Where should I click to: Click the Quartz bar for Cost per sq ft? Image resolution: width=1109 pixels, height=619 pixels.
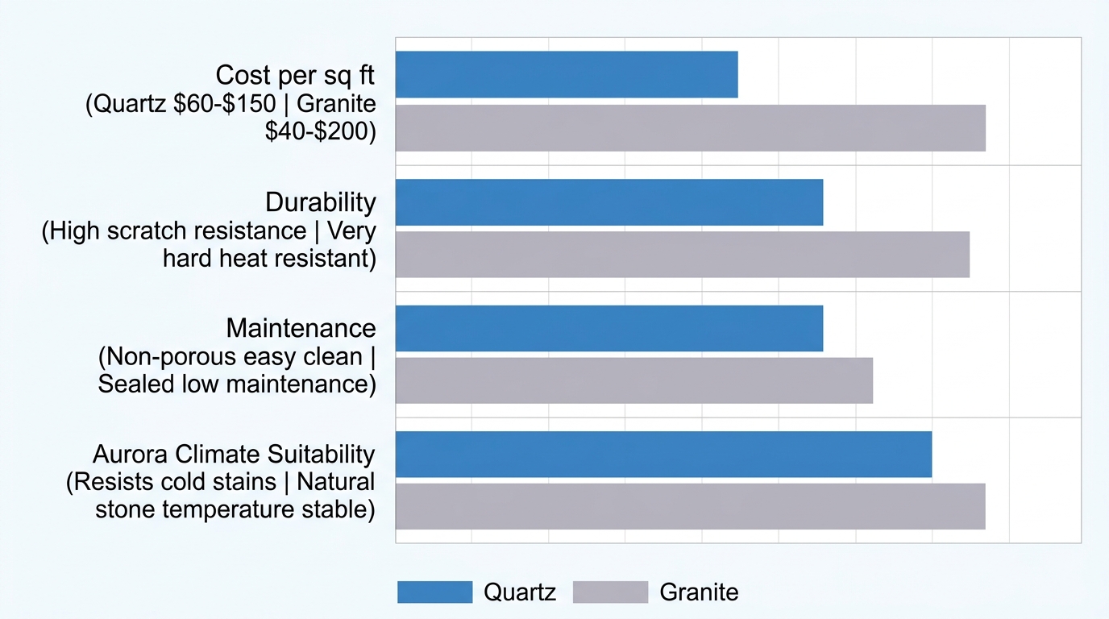pos(567,74)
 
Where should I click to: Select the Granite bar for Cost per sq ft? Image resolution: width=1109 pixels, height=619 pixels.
pos(690,127)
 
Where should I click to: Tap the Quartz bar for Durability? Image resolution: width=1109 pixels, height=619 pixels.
pos(608,201)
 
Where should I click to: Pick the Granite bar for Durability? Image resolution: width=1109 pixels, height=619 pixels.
pos(682,254)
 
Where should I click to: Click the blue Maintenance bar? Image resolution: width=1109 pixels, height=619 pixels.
pos(608,328)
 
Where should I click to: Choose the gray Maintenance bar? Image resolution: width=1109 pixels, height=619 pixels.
pos(633,380)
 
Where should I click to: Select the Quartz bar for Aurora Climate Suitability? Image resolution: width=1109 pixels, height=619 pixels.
pos(663,454)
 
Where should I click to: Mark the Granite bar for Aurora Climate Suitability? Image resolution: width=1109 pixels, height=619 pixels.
pos(690,507)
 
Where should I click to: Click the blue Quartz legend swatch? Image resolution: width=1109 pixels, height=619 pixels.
pos(434,592)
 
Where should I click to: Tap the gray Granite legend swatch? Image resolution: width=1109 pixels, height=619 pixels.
pos(610,592)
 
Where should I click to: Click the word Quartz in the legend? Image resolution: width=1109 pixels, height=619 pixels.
pos(519,592)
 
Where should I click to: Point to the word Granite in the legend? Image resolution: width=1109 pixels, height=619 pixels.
pos(698,592)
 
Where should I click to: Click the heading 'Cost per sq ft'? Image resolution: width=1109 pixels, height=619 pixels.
pos(295,76)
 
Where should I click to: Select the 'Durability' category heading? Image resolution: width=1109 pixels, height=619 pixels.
pos(320,201)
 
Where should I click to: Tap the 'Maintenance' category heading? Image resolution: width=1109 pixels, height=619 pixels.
pos(301,328)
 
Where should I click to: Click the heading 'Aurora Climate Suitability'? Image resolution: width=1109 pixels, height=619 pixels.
pos(234,454)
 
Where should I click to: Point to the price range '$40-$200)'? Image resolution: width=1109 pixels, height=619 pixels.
pos(320,131)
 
